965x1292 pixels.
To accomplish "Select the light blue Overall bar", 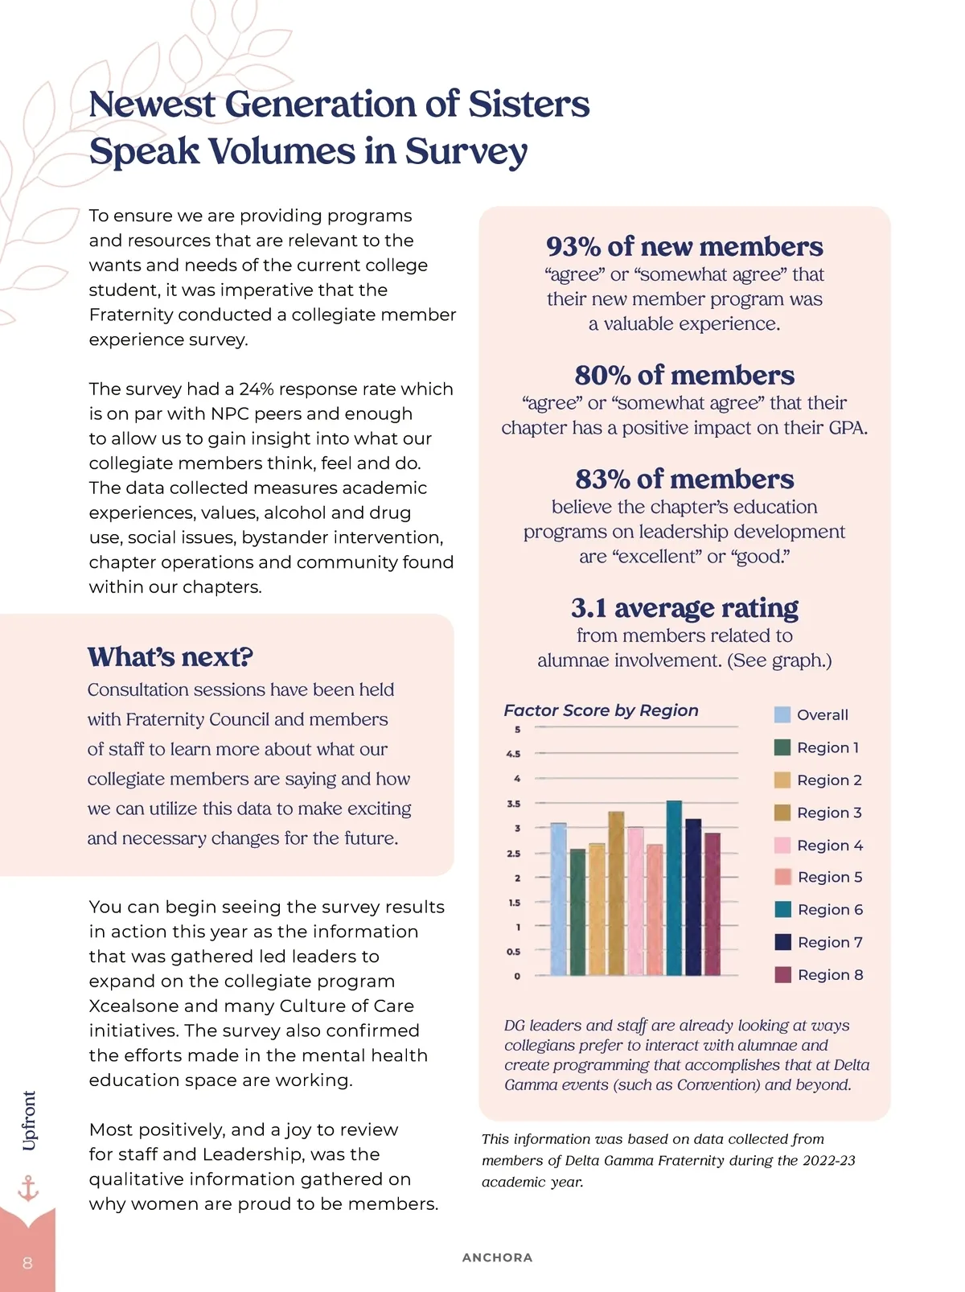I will (x=558, y=899).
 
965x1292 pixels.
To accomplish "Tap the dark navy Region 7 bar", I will (x=693, y=896).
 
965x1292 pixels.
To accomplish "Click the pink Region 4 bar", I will (x=635, y=900).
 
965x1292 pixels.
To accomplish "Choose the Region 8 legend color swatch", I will (x=782, y=975).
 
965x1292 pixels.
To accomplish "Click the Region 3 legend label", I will (x=829, y=813).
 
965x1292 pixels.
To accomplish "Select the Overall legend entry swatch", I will (x=782, y=714).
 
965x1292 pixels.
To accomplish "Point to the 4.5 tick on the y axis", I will (x=513, y=754).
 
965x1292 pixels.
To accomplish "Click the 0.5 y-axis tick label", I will (x=513, y=952).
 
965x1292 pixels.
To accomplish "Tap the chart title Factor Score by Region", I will (x=601, y=710).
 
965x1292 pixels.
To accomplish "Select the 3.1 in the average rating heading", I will (x=589, y=607).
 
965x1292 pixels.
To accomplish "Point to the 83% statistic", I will (x=602, y=479).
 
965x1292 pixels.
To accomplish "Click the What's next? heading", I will (x=170, y=656).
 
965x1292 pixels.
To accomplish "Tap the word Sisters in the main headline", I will (x=528, y=105).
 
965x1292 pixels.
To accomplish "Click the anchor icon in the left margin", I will (x=28, y=1187).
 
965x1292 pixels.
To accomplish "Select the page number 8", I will (x=27, y=1262).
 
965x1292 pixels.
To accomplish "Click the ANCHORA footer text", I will (x=497, y=1257).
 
